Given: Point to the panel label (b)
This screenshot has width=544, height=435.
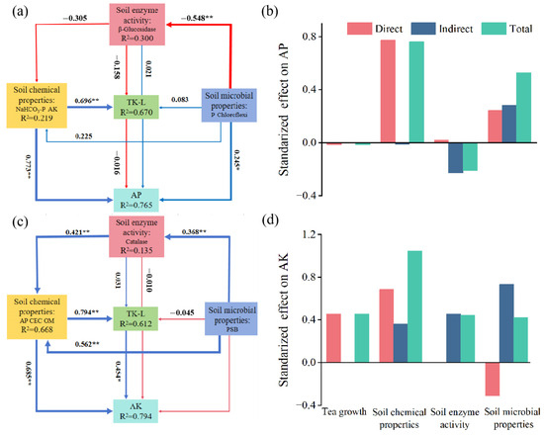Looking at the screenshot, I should click(x=298, y=13).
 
